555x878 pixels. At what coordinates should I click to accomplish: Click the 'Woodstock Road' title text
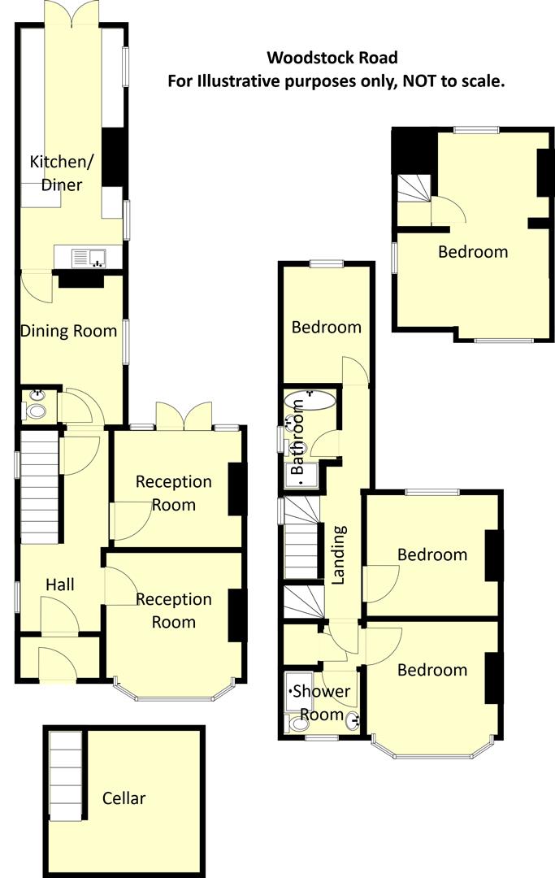332,58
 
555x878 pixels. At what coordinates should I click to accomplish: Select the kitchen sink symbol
88,258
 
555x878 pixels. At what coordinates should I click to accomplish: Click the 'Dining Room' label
68,331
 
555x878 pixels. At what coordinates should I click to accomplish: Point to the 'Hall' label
60,585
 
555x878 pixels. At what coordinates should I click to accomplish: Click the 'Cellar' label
124,798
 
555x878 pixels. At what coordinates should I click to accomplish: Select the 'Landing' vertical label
339,554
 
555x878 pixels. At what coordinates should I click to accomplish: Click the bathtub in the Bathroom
310,399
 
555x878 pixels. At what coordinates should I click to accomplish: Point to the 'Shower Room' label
321,703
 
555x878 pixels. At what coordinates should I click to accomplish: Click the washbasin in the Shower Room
352,720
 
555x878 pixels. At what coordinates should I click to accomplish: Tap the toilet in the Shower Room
294,725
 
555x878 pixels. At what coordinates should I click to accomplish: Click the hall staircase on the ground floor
39,488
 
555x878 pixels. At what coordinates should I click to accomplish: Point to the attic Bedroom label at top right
473,252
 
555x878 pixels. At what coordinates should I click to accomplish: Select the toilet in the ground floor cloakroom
37,411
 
